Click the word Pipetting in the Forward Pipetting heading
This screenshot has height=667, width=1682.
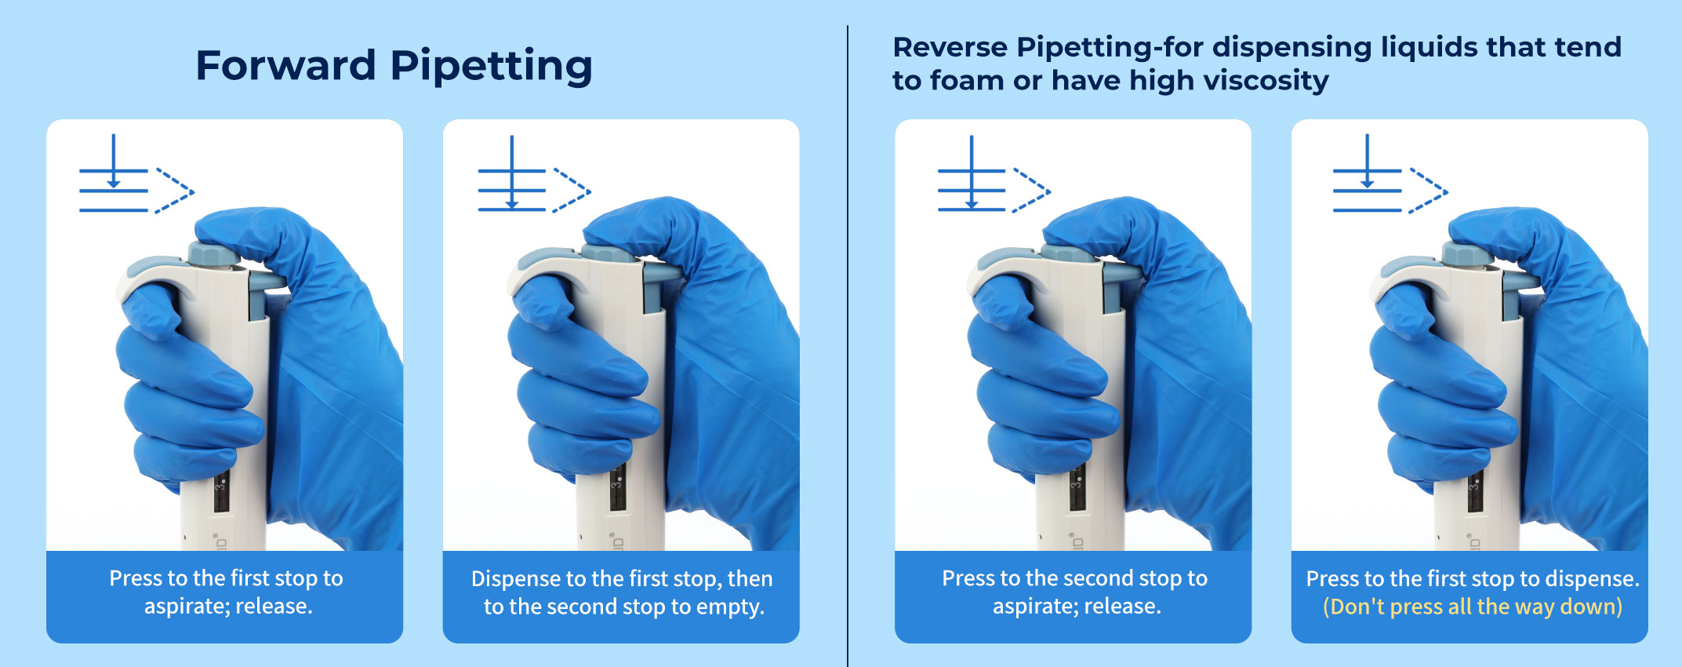(492, 67)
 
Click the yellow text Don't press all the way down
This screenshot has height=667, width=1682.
(1473, 606)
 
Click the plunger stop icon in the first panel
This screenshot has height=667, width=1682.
(136, 174)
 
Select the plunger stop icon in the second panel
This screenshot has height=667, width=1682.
(534, 174)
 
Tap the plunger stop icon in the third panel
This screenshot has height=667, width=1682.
(994, 174)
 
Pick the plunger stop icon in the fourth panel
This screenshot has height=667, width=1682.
(1390, 174)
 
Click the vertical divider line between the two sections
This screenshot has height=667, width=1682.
(848, 346)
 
